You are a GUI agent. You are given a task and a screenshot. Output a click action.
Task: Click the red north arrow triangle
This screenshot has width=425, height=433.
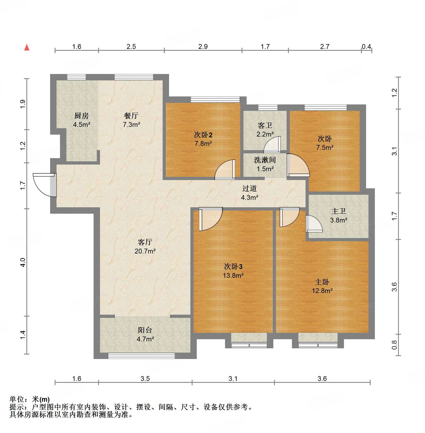tap(27, 47)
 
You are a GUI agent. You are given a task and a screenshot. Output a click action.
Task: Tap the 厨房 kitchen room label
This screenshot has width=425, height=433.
tap(82, 116)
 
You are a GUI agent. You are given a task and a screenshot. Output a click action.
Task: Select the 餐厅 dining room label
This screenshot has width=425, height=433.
tap(131, 116)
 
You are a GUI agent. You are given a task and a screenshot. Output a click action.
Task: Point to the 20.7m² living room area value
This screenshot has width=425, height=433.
tap(145, 251)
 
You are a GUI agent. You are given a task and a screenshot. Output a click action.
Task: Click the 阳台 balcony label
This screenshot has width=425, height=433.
tap(145, 330)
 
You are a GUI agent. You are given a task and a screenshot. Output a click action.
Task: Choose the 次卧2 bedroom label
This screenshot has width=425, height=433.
tap(203, 135)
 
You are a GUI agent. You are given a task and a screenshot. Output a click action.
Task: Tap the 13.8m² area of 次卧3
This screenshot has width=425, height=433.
tap(233, 275)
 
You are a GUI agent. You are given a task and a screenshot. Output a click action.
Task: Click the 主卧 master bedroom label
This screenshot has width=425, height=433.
tap(322, 282)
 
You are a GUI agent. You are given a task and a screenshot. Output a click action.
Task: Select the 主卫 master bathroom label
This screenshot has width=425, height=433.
tap(339, 211)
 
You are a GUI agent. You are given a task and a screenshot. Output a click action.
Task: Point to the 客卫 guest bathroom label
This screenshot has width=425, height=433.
tap(265, 125)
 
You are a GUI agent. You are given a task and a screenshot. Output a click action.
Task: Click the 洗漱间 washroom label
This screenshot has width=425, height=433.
tap(265, 160)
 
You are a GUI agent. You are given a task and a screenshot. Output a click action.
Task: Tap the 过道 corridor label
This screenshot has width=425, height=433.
tap(250, 189)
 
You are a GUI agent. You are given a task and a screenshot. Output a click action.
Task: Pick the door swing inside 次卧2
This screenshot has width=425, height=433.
tap(225, 169)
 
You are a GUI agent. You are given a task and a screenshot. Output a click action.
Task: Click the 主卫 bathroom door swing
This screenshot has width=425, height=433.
tap(314, 224)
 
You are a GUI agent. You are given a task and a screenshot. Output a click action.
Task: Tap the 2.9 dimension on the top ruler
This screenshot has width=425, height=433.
tap(203, 47)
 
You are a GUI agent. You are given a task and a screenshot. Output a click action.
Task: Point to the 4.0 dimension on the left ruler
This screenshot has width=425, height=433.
tap(23, 262)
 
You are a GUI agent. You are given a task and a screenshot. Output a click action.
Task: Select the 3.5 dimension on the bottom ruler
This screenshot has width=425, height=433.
tap(145, 379)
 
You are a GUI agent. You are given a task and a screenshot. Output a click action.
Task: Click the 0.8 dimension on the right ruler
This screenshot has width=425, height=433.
tap(395, 345)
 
